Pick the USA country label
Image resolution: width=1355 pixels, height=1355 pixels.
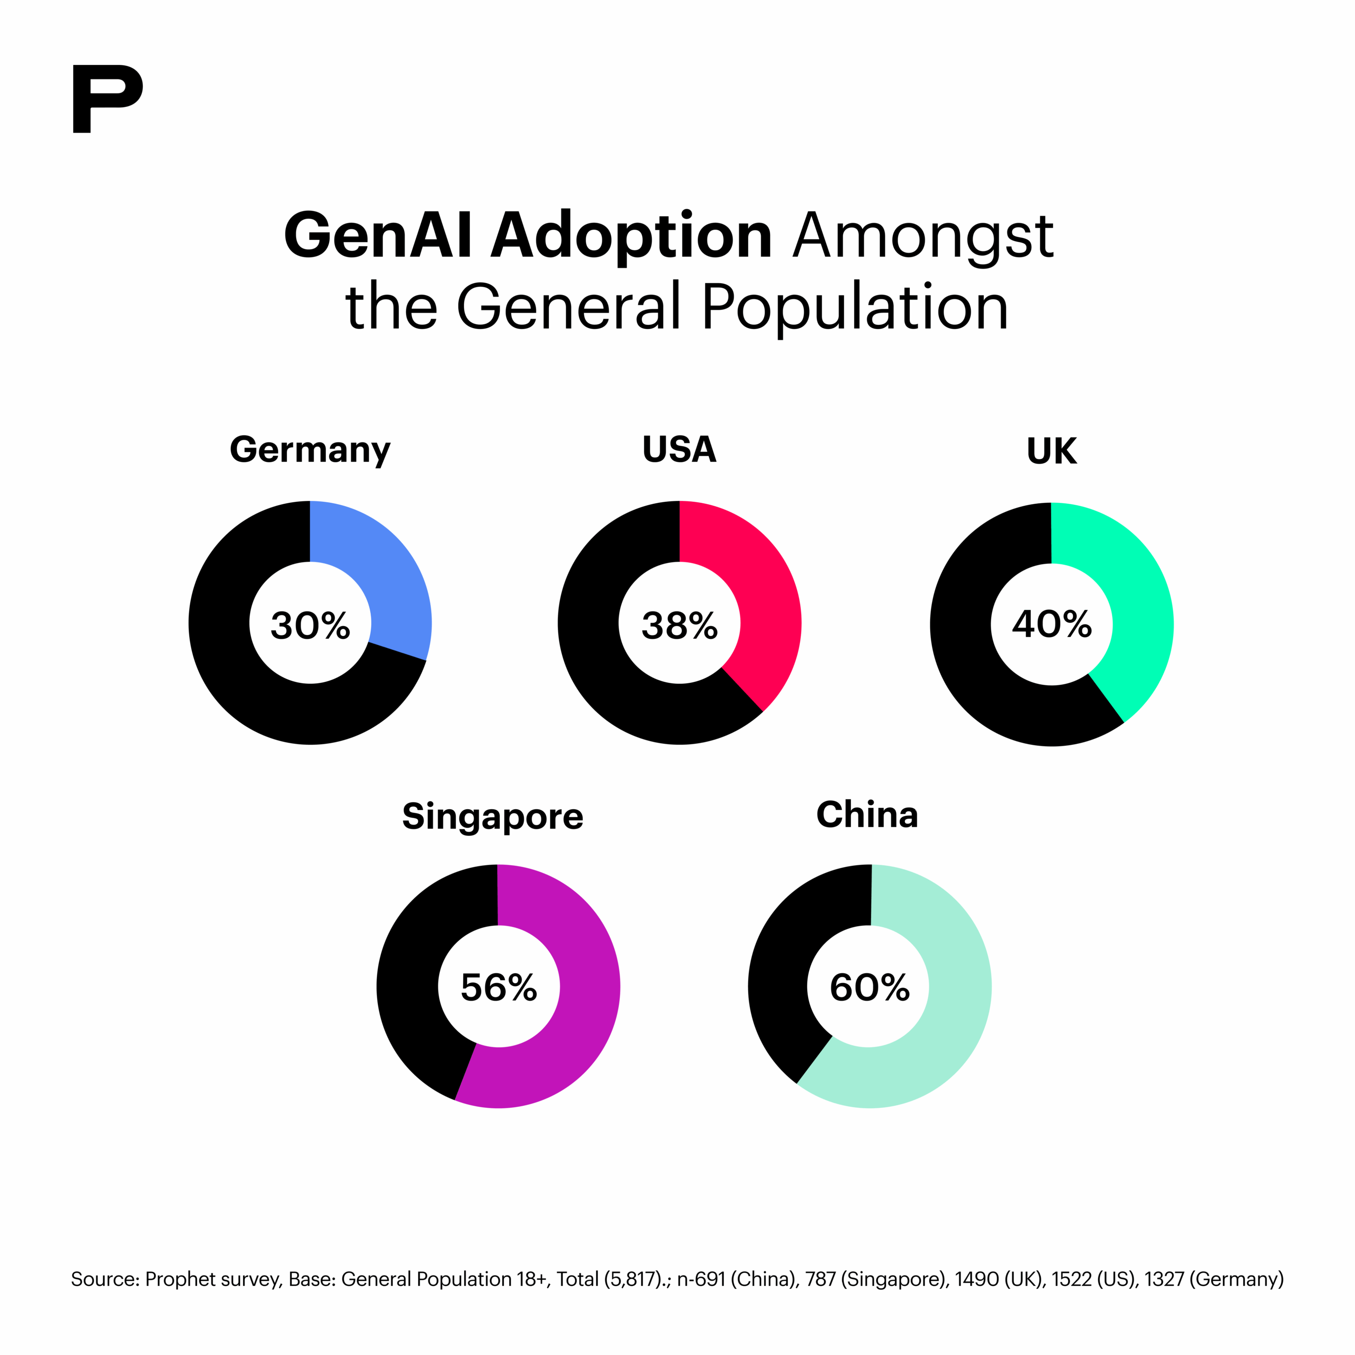[x=679, y=450]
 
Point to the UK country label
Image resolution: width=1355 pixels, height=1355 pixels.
[x=1051, y=451]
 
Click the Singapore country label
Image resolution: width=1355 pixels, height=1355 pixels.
[x=492, y=816]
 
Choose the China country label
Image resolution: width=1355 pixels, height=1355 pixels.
[x=867, y=815]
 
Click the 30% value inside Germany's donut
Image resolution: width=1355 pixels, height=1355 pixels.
[x=310, y=625]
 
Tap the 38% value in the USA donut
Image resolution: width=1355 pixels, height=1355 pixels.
[x=679, y=625]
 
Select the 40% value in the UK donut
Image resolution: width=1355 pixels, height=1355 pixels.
[x=1051, y=623]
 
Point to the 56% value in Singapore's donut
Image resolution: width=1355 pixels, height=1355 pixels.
[x=498, y=988]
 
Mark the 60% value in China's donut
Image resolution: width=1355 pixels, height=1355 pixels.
[x=869, y=988]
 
